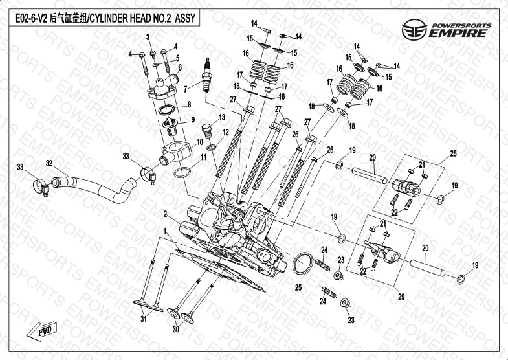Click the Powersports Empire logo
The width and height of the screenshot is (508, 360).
(447, 29)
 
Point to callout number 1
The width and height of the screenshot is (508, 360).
(166, 231)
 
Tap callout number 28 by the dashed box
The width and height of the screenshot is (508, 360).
(453, 153)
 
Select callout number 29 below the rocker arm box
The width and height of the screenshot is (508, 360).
(401, 297)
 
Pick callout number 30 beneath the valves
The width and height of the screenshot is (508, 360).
(174, 330)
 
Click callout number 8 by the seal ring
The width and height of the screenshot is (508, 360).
(190, 104)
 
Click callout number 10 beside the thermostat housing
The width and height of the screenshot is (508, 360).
(199, 141)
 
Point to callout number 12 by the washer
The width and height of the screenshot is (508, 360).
(226, 132)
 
